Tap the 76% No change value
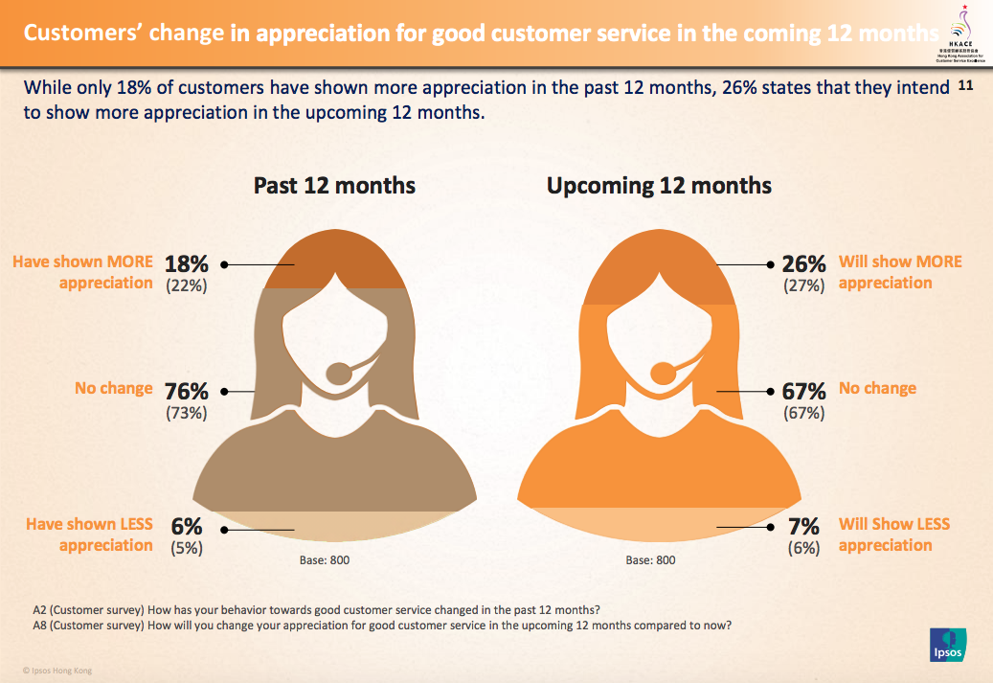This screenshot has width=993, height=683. pyautogui.click(x=186, y=392)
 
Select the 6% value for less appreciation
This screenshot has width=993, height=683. pyautogui.click(x=186, y=527)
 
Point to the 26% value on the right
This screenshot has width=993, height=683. pyautogui.click(x=803, y=263)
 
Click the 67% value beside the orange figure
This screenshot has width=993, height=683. pyautogui.click(x=803, y=392)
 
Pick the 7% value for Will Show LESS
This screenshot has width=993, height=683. pyautogui.click(x=803, y=527)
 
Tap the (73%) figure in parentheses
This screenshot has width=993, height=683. pyautogui.click(x=186, y=414)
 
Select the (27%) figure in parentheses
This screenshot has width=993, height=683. pyautogui.click(x=803, y=285)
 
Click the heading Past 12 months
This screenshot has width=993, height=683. pyautogui.click(x=334, y=186)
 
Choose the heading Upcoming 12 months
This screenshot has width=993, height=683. pyautogui.click(x=659, y=186)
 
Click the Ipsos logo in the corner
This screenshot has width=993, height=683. pyautogui.click(x=947, y=645)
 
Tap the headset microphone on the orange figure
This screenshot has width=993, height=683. pyautogui.click(x=663, y=372)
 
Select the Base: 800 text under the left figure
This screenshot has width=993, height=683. pyautogui.click(x=326, y=560)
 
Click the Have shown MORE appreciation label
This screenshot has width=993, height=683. pyautogui.click(x=82, y=272)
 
